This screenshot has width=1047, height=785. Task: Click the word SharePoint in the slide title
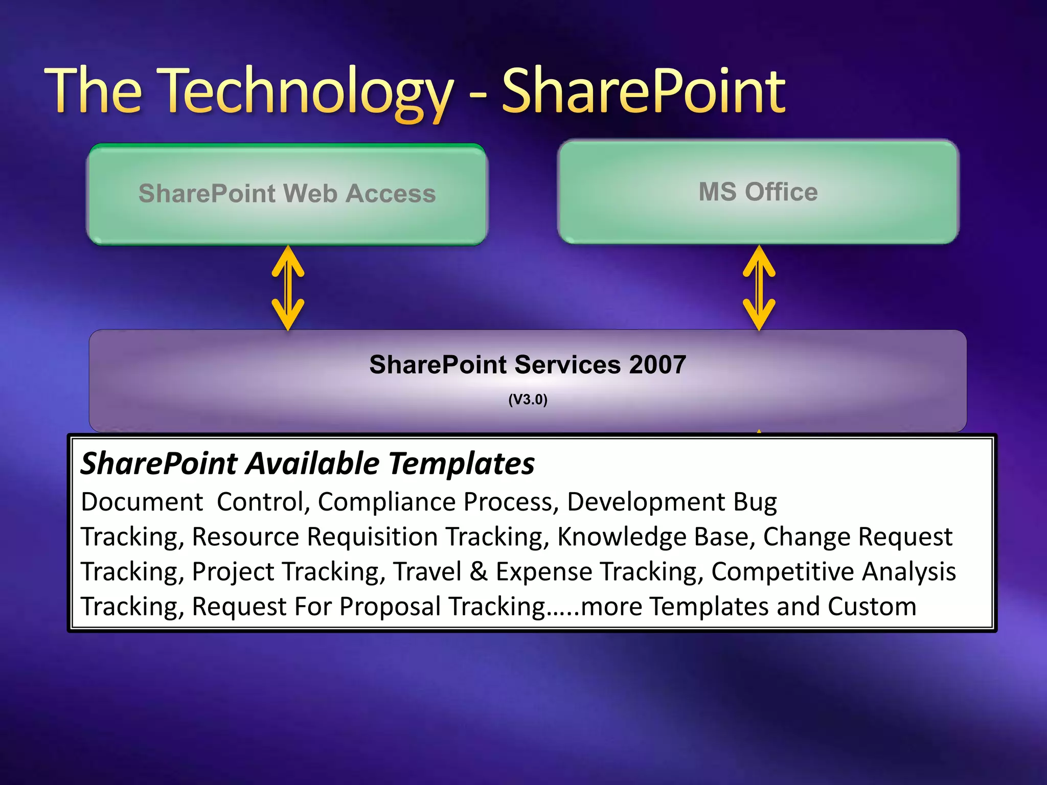pos(643,92)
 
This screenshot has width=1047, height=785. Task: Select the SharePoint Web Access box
pos(287,194)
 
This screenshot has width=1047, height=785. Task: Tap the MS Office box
pos(758,192)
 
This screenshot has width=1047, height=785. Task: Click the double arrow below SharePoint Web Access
pos(288,288)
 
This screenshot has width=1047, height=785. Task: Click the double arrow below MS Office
pos(759,288)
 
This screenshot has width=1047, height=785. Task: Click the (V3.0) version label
pos(528,399)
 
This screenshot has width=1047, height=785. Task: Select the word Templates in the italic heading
pos(461,464)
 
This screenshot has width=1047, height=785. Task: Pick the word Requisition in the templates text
pos(372,537)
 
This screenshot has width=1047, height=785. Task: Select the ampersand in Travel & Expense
pos(479,571)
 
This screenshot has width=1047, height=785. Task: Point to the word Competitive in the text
pos(783,571)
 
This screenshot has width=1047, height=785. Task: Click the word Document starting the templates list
pos(142,502)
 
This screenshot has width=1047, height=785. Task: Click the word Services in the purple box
pos(567,365)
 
